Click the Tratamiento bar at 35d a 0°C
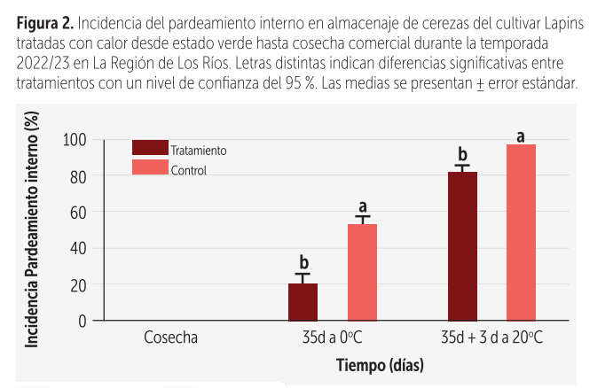303,302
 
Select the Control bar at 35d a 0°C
362,272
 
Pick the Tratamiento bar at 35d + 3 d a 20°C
462,246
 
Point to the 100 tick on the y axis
75,140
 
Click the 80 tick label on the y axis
78,176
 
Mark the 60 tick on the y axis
78,212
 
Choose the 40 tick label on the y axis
78,248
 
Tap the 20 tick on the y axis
78,284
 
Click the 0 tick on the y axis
83,321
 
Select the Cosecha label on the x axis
169,338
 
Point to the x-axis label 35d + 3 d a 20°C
491,338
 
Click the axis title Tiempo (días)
380,365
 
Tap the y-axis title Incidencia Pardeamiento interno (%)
32,232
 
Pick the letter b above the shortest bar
303,262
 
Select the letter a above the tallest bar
521,136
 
